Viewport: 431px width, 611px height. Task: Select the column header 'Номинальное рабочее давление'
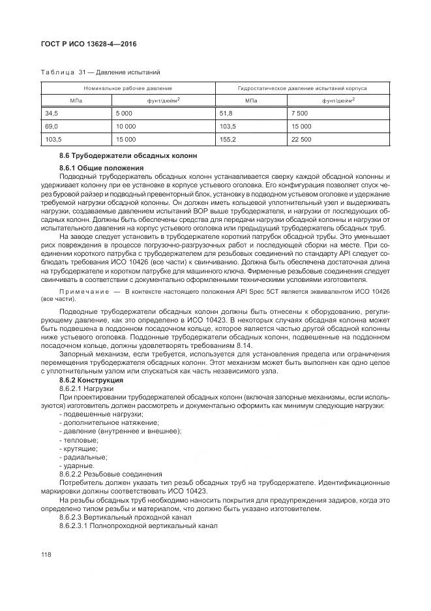point(128,87)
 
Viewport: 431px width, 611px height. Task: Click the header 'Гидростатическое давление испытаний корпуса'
point(303,87)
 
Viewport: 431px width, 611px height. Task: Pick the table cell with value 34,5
point(51,113)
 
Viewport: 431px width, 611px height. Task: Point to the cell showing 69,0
point(51,126)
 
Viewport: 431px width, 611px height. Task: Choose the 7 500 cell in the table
point(301,113)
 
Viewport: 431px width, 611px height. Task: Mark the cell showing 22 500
point(303,139)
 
